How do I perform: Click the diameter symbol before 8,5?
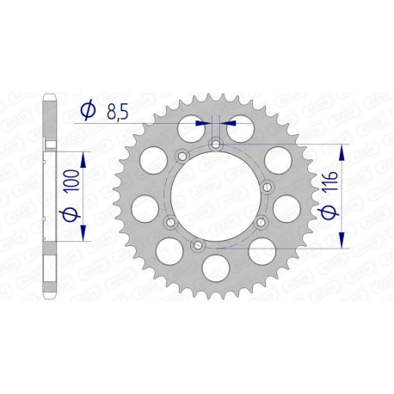pos(87,110)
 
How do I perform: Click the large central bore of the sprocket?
pos(214,198)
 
